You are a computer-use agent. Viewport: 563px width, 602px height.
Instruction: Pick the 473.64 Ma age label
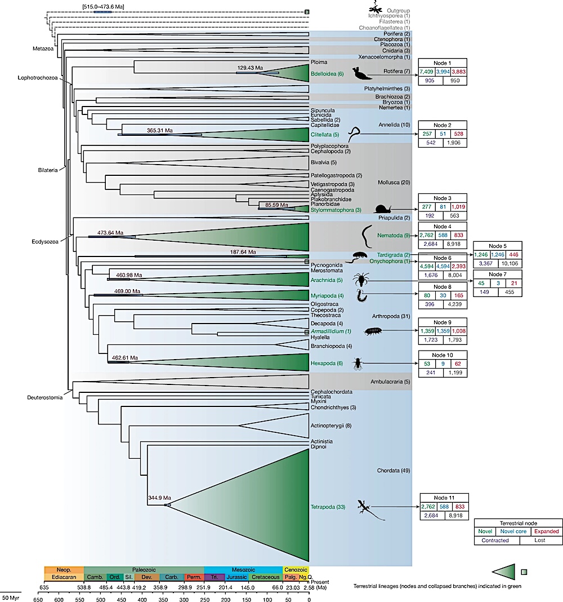110,232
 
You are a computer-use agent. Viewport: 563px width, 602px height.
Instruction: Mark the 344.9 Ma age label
159,498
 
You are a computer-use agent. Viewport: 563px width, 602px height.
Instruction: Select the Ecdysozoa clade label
45,238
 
